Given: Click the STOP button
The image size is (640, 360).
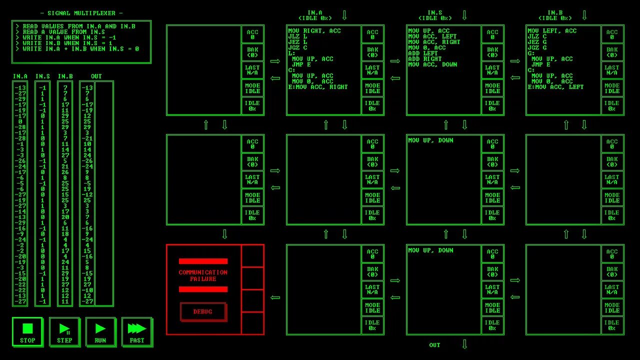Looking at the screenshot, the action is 27,332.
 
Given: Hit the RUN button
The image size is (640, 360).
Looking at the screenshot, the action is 100,332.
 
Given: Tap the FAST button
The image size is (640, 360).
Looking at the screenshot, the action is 137,332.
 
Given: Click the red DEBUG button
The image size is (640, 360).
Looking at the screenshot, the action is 203,311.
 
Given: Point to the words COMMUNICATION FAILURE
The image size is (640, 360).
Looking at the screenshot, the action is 203,275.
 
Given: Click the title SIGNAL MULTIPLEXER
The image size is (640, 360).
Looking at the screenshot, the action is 81,13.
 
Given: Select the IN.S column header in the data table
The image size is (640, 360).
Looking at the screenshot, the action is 42,76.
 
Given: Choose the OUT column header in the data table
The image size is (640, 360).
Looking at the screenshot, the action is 96,76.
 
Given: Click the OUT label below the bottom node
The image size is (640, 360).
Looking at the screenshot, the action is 434,345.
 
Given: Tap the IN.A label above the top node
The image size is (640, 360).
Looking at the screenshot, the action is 314,13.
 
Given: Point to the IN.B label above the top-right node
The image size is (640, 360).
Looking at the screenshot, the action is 554,13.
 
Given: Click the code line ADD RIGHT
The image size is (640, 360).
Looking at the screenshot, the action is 425,59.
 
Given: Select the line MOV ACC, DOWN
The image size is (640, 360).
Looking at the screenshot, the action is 432,64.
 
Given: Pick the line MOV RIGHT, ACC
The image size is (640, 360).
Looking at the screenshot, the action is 314,31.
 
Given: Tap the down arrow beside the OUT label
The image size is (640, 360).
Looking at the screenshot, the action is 464,344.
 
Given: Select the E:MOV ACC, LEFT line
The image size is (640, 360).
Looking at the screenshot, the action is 555,87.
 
